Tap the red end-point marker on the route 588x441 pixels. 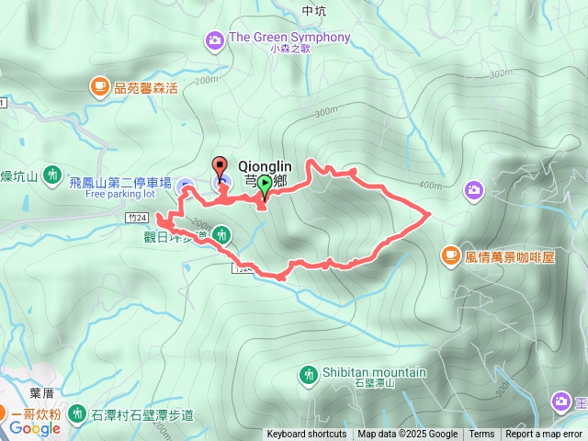tap(220, 167)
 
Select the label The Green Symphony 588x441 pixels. tap(289, 38)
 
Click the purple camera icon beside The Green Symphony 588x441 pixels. tap(214, 39)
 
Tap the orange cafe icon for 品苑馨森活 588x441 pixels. tap(98, 87)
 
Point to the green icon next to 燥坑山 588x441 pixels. tap(53, 173)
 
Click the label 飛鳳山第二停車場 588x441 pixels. tap(119, 183)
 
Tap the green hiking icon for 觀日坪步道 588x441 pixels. tap(221, 236)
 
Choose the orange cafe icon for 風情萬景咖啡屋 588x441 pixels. tap(450, 254)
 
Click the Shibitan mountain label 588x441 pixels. tap(374, 372)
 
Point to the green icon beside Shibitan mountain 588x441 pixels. tap(308, 373)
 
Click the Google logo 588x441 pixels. tap(35, 428)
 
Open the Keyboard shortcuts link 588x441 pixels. tap(307, 435)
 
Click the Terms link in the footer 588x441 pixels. tap(481, 435)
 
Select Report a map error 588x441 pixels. tap(545, 435)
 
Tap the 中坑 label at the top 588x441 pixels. tap(313, 11)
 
